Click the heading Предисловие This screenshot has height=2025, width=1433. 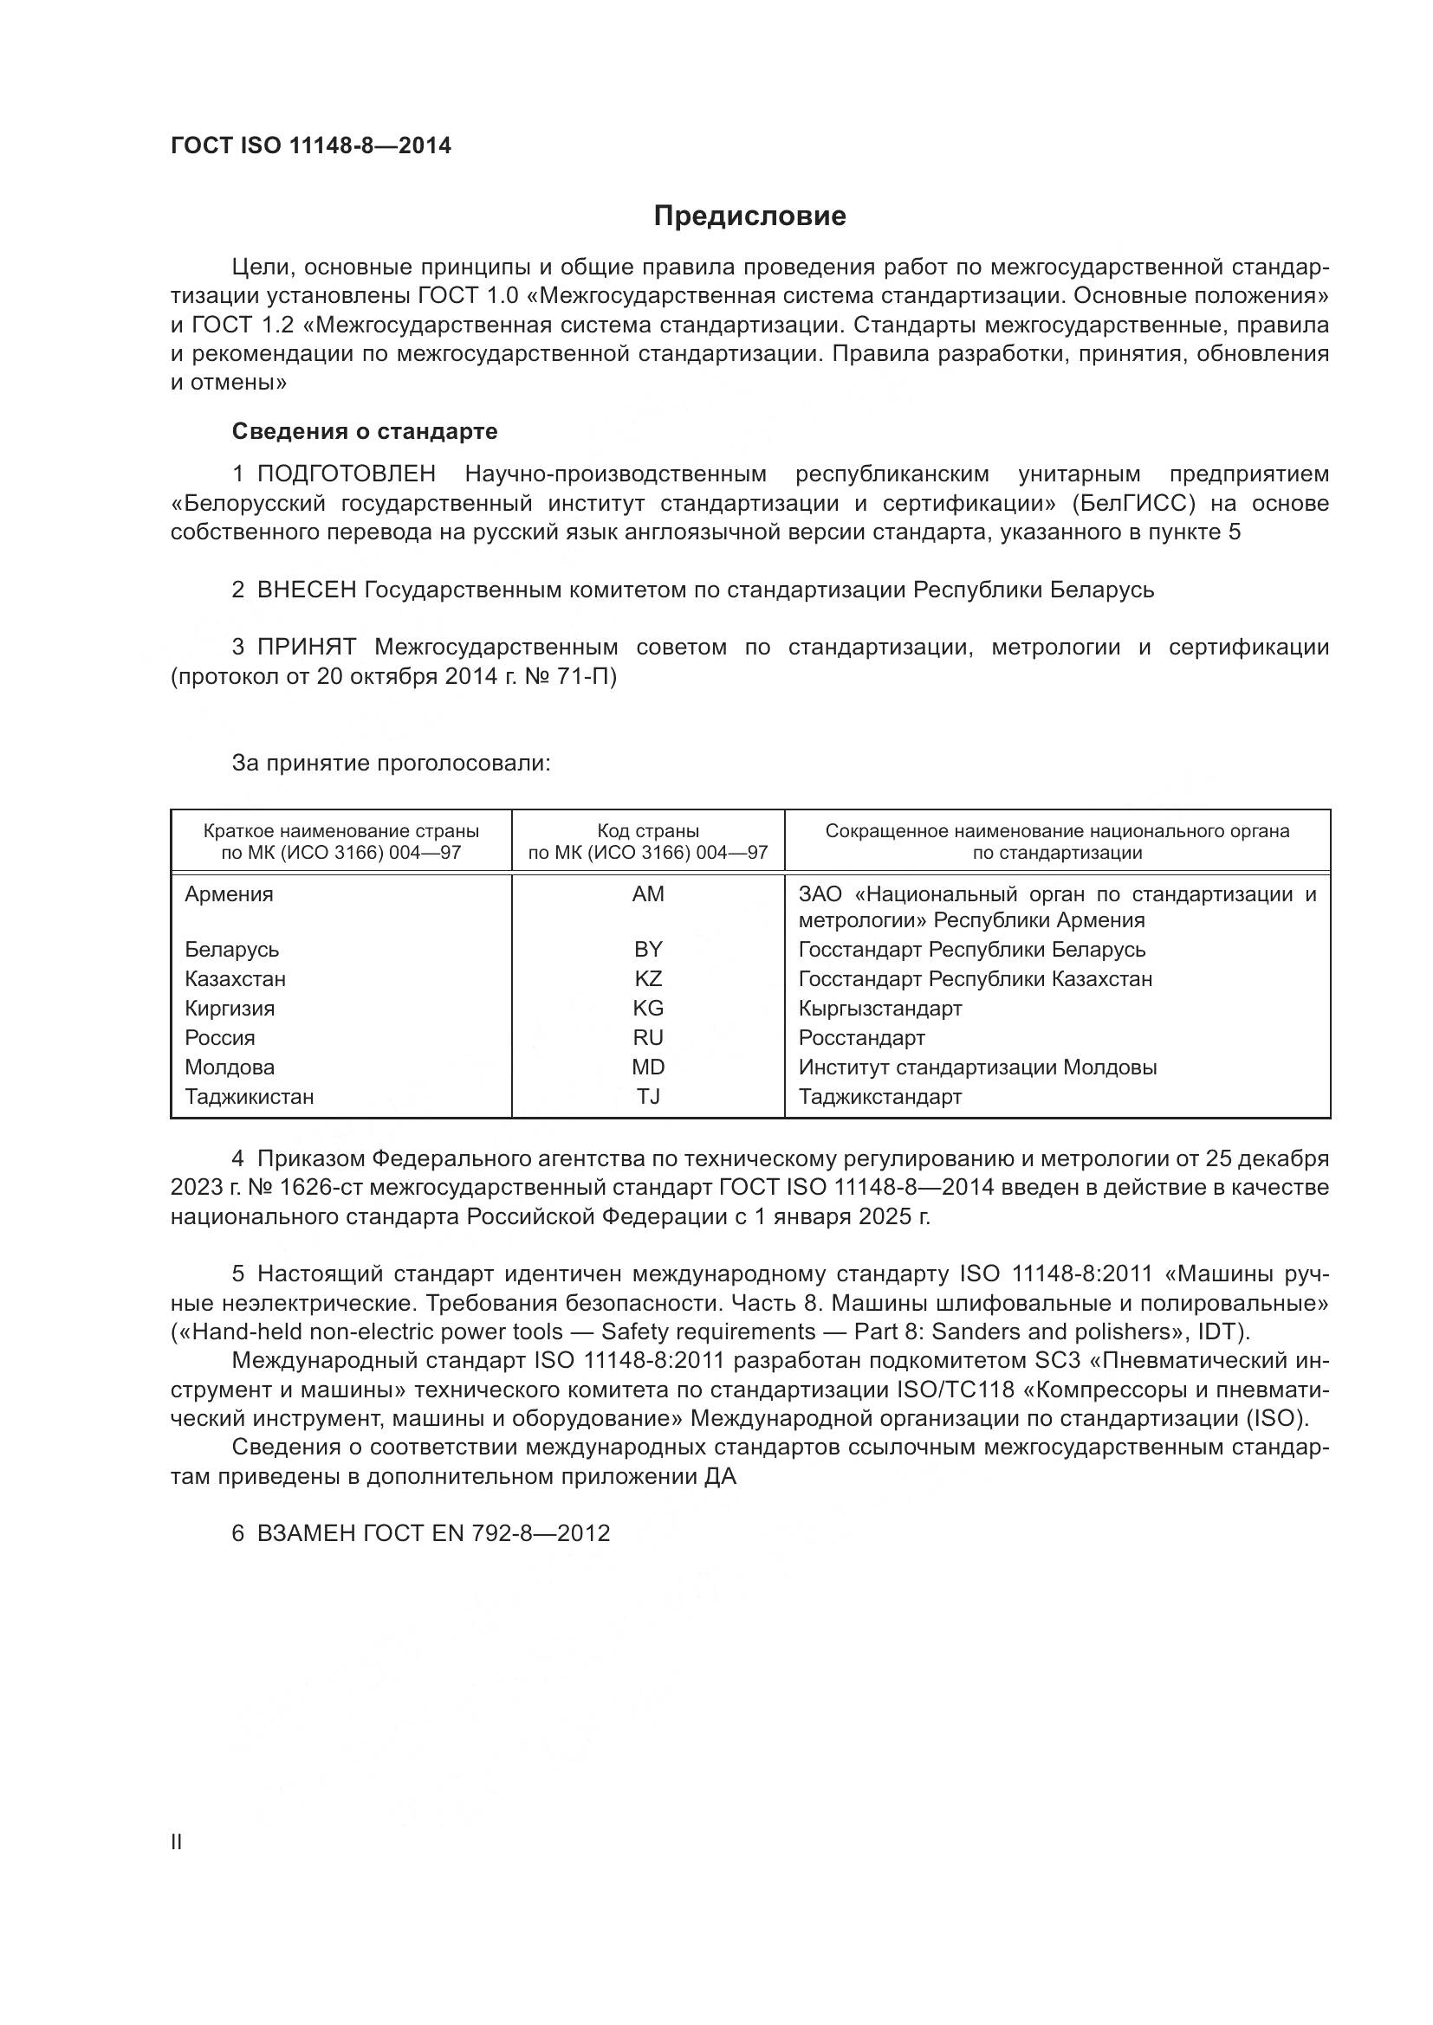coord(749,216)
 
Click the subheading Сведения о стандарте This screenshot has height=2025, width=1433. coord(365,431)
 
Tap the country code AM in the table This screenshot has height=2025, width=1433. coord(648,894)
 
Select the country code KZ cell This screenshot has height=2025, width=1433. coord(648,979)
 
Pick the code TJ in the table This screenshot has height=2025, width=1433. coord(648,1096)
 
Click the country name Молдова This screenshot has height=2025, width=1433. coord(230,1067)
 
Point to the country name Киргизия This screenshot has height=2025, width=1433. coord(230,1008)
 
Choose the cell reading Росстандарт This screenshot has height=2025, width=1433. coord(861,1038)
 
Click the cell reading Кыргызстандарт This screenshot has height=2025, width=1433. coord(879,1008)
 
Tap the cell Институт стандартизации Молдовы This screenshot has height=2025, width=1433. coord(976,1067)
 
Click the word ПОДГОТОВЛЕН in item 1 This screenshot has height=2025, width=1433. coord(346,474)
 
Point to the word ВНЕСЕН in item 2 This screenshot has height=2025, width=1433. coord(306,590)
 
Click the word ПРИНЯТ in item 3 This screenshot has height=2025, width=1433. coord(306,648)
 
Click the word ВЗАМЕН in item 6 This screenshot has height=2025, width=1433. coord(306,1534)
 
